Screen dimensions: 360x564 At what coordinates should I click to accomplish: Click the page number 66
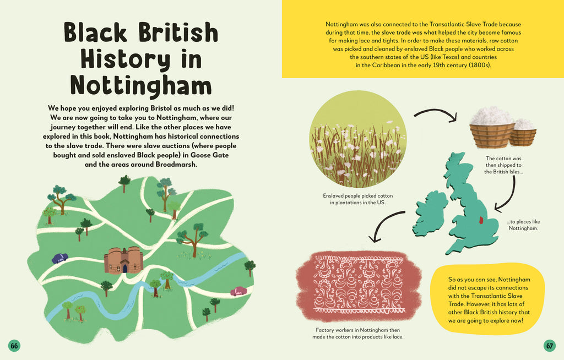14,346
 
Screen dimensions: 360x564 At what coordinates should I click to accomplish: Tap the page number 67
549,346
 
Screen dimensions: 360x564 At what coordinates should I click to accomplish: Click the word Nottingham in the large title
141,85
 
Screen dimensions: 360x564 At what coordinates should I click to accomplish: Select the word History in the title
141,59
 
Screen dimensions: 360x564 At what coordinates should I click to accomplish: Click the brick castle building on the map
123,260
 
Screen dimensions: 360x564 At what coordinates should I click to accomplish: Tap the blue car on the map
59,258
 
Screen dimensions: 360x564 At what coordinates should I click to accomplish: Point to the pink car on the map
238,291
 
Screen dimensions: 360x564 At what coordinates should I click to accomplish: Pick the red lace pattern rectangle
359,287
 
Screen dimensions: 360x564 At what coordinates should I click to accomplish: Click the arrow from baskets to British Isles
508,193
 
